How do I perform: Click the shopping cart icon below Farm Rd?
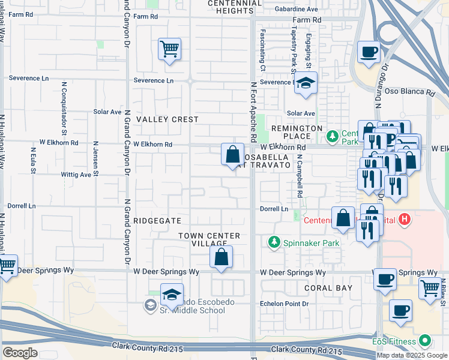[170, 48]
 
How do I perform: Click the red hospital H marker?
[405, 219]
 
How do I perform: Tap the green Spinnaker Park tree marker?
[274, 242]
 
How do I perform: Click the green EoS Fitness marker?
[426, 341]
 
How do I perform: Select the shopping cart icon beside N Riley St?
[430, 288]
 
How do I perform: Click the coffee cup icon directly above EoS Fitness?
[400, 310]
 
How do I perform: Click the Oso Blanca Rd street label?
[413, 92]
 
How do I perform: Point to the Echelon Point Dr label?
[284, 304]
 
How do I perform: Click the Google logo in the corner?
[20, 352]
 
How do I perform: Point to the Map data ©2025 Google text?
[411, 355]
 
